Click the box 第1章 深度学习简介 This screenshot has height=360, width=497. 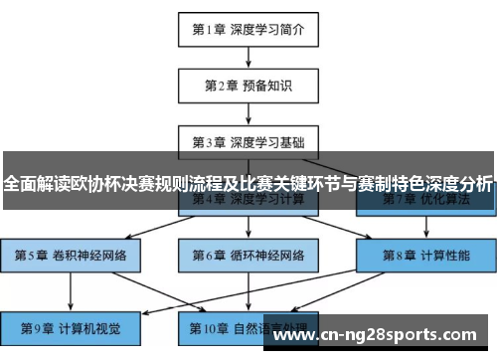click(248, 29)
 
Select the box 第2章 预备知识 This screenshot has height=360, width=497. click(248, 85)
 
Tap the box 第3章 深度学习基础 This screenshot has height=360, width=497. click(248, 140)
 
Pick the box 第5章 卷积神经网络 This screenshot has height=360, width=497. click(71, 255)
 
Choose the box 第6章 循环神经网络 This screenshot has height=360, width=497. click(248, 255)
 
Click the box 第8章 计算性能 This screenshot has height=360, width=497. click(426, 255)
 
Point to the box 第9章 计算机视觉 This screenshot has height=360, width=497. click(71, 327)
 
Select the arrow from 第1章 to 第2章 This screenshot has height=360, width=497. click(248, 57)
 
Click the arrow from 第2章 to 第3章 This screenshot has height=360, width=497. click(248, 112)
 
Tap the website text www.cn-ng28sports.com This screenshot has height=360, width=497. click(380, 336)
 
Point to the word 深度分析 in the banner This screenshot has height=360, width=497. click(457, 184)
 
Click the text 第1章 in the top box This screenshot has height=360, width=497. click(211, 29)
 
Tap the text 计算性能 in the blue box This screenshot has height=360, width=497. click(443, 255)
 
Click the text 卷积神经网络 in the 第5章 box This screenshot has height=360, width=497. click(88, 255)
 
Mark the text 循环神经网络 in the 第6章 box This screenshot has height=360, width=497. click(265, 255)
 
